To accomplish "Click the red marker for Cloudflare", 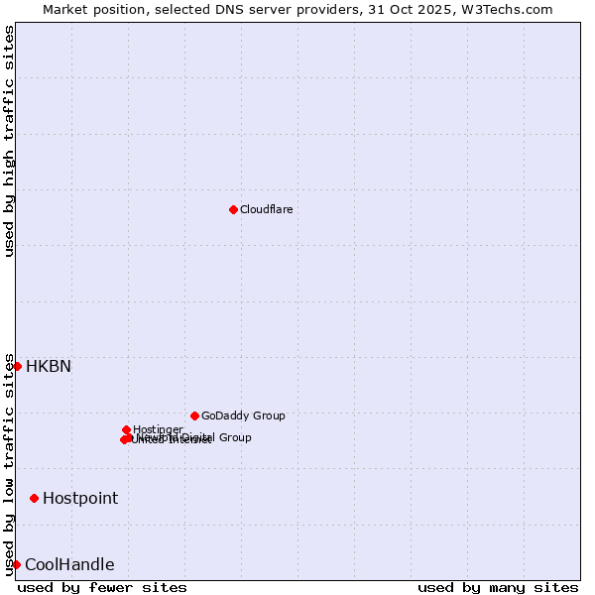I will [x=233, y=209].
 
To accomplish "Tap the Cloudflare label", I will [x=266, y=209].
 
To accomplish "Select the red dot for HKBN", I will [x=17, y=366].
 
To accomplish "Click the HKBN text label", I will [x=48, y=366].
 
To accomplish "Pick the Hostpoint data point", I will [x=34, y=498].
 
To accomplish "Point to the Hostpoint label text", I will [x=79, y=498].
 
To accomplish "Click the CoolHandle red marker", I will [x=16, y=564].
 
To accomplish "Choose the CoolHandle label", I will [x=69, y=564].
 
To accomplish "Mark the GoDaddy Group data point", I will [x=194, y=416].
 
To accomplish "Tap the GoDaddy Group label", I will [x=243, y=416].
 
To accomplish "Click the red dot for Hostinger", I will [x=126, y=429].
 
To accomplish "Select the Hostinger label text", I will [x=158, y=429].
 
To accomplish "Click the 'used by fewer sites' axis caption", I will [x=102, y=587].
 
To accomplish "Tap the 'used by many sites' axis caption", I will [x=498, y=587].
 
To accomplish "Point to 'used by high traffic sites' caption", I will [x=10, y=141].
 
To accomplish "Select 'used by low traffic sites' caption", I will [x=10, y=464].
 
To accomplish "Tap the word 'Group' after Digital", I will [x=234, y=437].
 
